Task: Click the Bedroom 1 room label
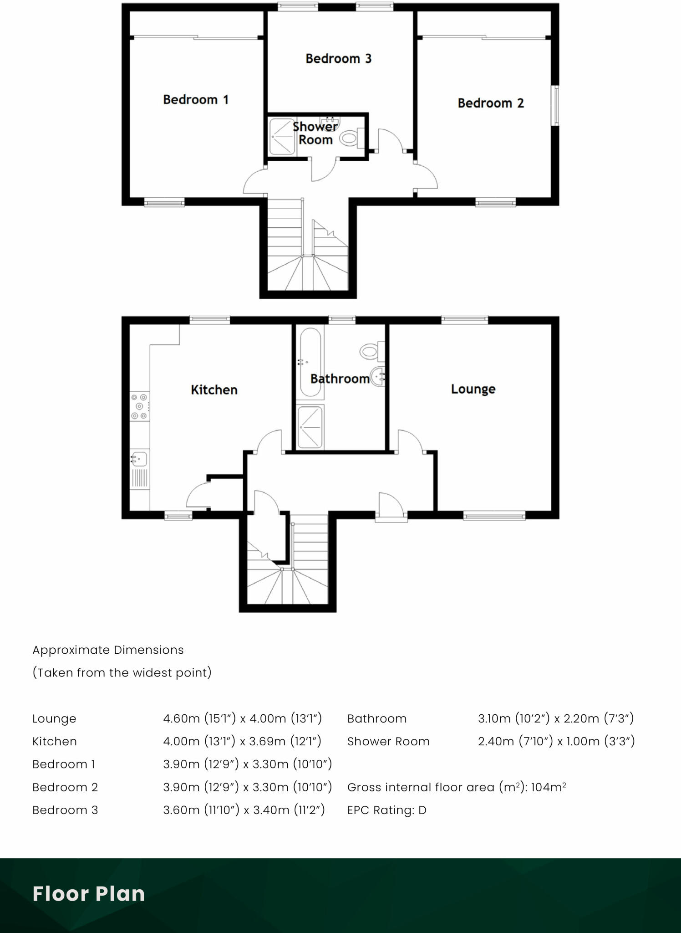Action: (x=196, y=100)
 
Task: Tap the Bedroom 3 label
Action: (x=338, y=59)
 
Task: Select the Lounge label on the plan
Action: (x=473, y=389)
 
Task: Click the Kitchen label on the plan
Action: (x=214, y=390)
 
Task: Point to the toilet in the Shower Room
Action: (x=350, y=138)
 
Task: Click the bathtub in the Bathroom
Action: (x=310, y=362)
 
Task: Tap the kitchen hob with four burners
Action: (x=139, y=406)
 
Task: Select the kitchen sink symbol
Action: (x=139, y=458)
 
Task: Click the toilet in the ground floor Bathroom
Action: (x=370, y=351)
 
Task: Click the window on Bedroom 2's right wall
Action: (x=556, y=106)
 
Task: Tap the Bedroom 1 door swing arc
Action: (x=254, y=181)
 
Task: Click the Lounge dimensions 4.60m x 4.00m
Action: (x=242, y=718)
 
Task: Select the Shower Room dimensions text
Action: (x=556, y=741)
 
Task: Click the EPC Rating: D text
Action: (x=386, y=810)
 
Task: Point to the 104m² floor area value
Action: (x=548, y=787)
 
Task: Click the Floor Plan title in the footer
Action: (x=89, y=894)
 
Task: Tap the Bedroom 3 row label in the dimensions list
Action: (x=65, y=810)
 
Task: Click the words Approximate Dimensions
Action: (x=108, y=650)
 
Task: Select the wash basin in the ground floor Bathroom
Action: (x=378, y=377)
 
